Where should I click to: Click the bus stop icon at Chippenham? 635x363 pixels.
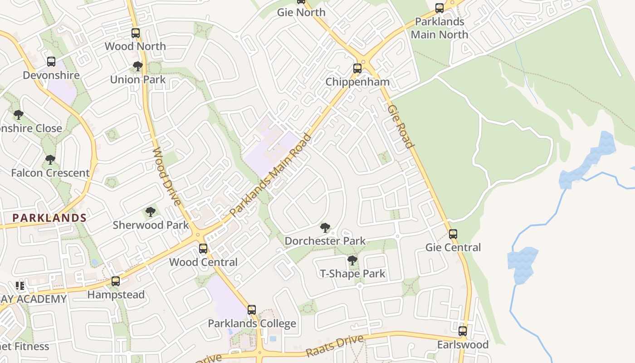(x=357, y=69)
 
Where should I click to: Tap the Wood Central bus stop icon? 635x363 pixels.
(x=203, y=249)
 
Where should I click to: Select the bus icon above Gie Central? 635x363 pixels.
(x=453, y=234)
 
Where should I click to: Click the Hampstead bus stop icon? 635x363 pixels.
(x=116, y=281)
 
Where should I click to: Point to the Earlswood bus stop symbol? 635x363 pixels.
(x=463, y=331)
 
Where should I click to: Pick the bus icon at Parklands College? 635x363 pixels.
(x=252, y=310)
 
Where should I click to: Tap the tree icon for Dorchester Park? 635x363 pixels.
(x=325, y=227)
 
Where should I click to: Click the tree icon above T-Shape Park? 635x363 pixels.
(x=352, y=260)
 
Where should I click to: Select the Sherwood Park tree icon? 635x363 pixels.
(x=150, y=211)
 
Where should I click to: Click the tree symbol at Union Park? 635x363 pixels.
(x=138, y=66)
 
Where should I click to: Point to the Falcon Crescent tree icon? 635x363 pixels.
(x=50, y=160)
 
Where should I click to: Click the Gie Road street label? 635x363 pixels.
(x=401, y=127)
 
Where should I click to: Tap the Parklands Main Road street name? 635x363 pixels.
(x=271, y=175)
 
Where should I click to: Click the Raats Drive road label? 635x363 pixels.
(x=335, y=346)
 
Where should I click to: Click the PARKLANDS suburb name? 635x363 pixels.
(x=49, y=218)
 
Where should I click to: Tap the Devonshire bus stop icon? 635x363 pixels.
(x=51, y=62)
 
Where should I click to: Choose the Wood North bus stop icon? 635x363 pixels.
(x=136, y=33)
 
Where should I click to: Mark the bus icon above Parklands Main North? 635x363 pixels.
(x=440, y=8)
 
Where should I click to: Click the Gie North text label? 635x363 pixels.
(x=302, y=12)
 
